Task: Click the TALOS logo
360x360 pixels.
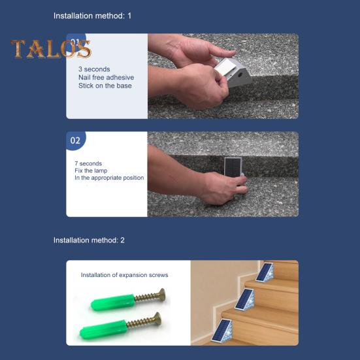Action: click(51, 48)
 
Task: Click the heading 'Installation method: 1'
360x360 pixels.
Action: click(92, 16)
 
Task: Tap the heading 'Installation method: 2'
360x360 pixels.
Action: click(89, 240)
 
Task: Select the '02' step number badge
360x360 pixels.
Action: click(76, 140)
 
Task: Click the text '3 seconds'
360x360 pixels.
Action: click(94, 69)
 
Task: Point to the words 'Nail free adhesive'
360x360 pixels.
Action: click(106, 77)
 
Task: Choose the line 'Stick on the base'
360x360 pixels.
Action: click(105, 86)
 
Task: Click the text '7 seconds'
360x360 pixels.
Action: click(88, 163)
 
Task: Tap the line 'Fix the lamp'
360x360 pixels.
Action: click(91, 171)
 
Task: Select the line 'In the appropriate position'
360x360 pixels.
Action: click(109, 178)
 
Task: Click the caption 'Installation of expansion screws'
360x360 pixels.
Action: click(124, 275)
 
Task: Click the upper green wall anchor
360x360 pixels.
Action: click(113, 302)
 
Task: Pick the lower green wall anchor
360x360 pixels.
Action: click(103, 329)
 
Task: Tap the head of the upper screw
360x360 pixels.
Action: click(161, 294)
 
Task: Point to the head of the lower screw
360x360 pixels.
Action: click(157, 318)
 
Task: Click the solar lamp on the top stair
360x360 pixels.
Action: click(265, 272)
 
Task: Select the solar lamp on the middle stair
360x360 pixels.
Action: click(245, 299)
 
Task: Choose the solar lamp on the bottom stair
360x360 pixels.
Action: click(222, 331)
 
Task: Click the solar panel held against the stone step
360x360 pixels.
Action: click(233, 166)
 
